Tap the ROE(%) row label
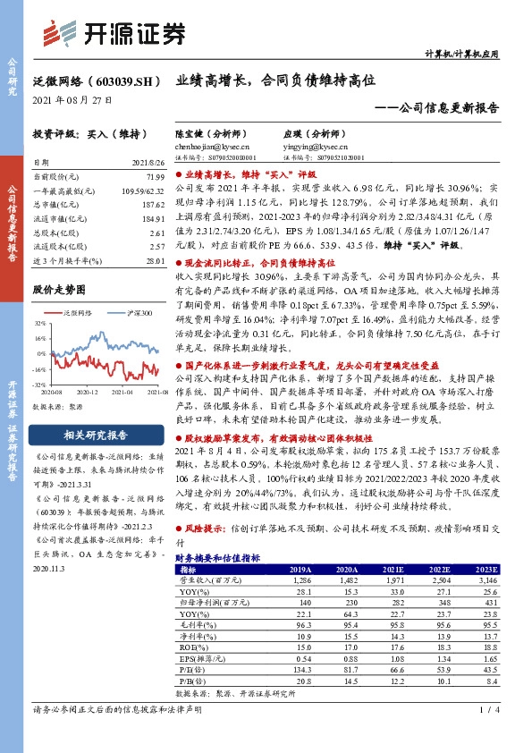point(192,647)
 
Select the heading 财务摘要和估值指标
point(219,557)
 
